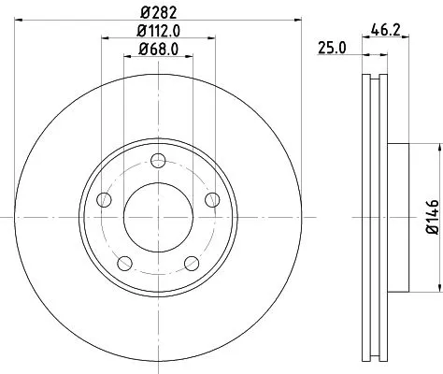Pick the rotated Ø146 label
coord(431,216)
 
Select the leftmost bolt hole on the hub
coord(103,199)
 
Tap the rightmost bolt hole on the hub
coord(211,199)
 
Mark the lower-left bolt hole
coord(123,262)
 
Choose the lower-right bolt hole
coord(191,262)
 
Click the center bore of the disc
coord(157,216)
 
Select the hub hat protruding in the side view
coord(396,216)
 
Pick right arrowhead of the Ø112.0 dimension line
coord(214,38)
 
